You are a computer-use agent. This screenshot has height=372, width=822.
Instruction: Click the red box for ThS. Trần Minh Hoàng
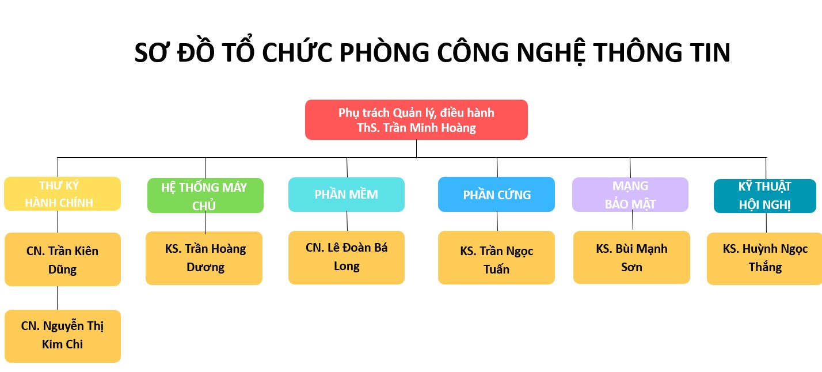tap(416, 120)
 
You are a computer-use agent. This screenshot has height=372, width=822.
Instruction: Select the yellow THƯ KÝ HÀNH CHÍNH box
tap(62, 193)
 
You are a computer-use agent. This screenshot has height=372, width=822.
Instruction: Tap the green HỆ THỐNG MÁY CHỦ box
tap(205, 195)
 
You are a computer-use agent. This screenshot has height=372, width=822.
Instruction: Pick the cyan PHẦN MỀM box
tap(347, 194)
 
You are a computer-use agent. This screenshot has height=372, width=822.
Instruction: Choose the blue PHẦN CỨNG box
tap(496, 194)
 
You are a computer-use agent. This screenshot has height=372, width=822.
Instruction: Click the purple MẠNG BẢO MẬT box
tap(630, 194)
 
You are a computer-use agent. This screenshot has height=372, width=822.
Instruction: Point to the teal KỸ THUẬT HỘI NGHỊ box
tap(765, 196)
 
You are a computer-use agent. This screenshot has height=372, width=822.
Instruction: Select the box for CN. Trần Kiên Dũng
tap(62, 259)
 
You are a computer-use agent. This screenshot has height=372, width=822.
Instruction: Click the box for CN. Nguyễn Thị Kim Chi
tap(62, 336)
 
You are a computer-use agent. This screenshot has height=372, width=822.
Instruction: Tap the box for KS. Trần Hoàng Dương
tap(204, 258)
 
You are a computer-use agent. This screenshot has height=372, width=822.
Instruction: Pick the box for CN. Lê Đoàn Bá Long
tap(347, 257)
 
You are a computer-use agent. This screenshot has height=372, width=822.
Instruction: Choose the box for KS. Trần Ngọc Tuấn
tap(496, 257)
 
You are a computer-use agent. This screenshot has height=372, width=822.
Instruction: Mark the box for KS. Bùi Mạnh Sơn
tap(631, 257)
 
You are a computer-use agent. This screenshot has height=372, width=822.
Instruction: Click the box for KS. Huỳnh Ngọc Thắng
tap(765, 259)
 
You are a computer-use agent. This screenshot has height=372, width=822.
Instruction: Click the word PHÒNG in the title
tap(384, 52)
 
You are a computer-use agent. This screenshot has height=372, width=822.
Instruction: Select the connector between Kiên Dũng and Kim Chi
tap(57, 298)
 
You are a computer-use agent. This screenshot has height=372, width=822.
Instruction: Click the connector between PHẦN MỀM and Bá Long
tap(347, 221)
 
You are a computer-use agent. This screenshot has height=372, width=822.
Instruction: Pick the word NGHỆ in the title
tap(550, 53)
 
